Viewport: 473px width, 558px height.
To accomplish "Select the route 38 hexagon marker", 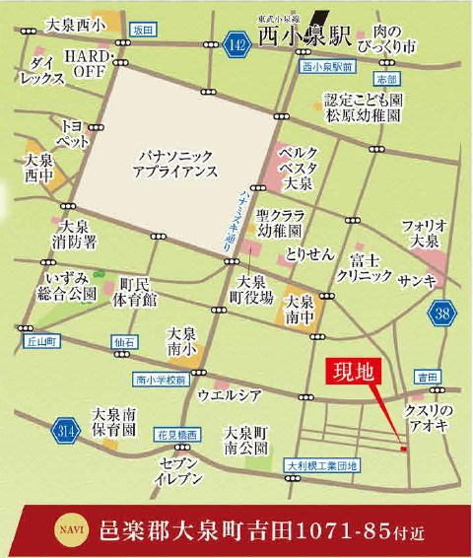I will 445,314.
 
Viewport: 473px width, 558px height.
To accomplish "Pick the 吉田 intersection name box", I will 427,377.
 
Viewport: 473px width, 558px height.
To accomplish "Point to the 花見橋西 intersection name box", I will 177,434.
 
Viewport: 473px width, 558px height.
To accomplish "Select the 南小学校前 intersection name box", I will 161,380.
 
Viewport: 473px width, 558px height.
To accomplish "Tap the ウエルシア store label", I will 231,395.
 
